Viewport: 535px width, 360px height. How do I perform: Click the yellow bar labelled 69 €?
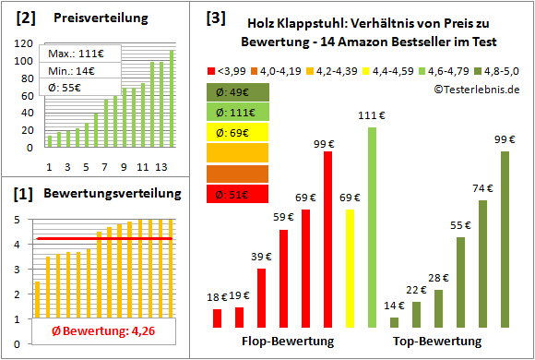point(350,269)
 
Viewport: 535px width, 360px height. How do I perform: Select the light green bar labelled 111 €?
point(372,227)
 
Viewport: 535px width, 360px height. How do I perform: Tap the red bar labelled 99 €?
point(327,239)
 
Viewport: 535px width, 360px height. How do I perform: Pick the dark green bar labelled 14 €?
point(394,322)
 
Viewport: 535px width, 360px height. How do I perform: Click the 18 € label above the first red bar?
point(218,297)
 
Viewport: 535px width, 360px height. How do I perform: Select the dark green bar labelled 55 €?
point(460,282)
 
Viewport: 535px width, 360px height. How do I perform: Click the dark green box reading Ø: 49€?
point(238,92)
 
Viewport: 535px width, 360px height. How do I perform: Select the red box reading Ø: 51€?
point(238,194)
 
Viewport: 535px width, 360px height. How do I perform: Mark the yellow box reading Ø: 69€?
point(238,133)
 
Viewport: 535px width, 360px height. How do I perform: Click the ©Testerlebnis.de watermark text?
point(476,89)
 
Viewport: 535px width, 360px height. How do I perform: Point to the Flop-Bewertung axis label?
point(287,342)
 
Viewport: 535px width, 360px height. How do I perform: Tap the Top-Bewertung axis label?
point(437,342)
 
